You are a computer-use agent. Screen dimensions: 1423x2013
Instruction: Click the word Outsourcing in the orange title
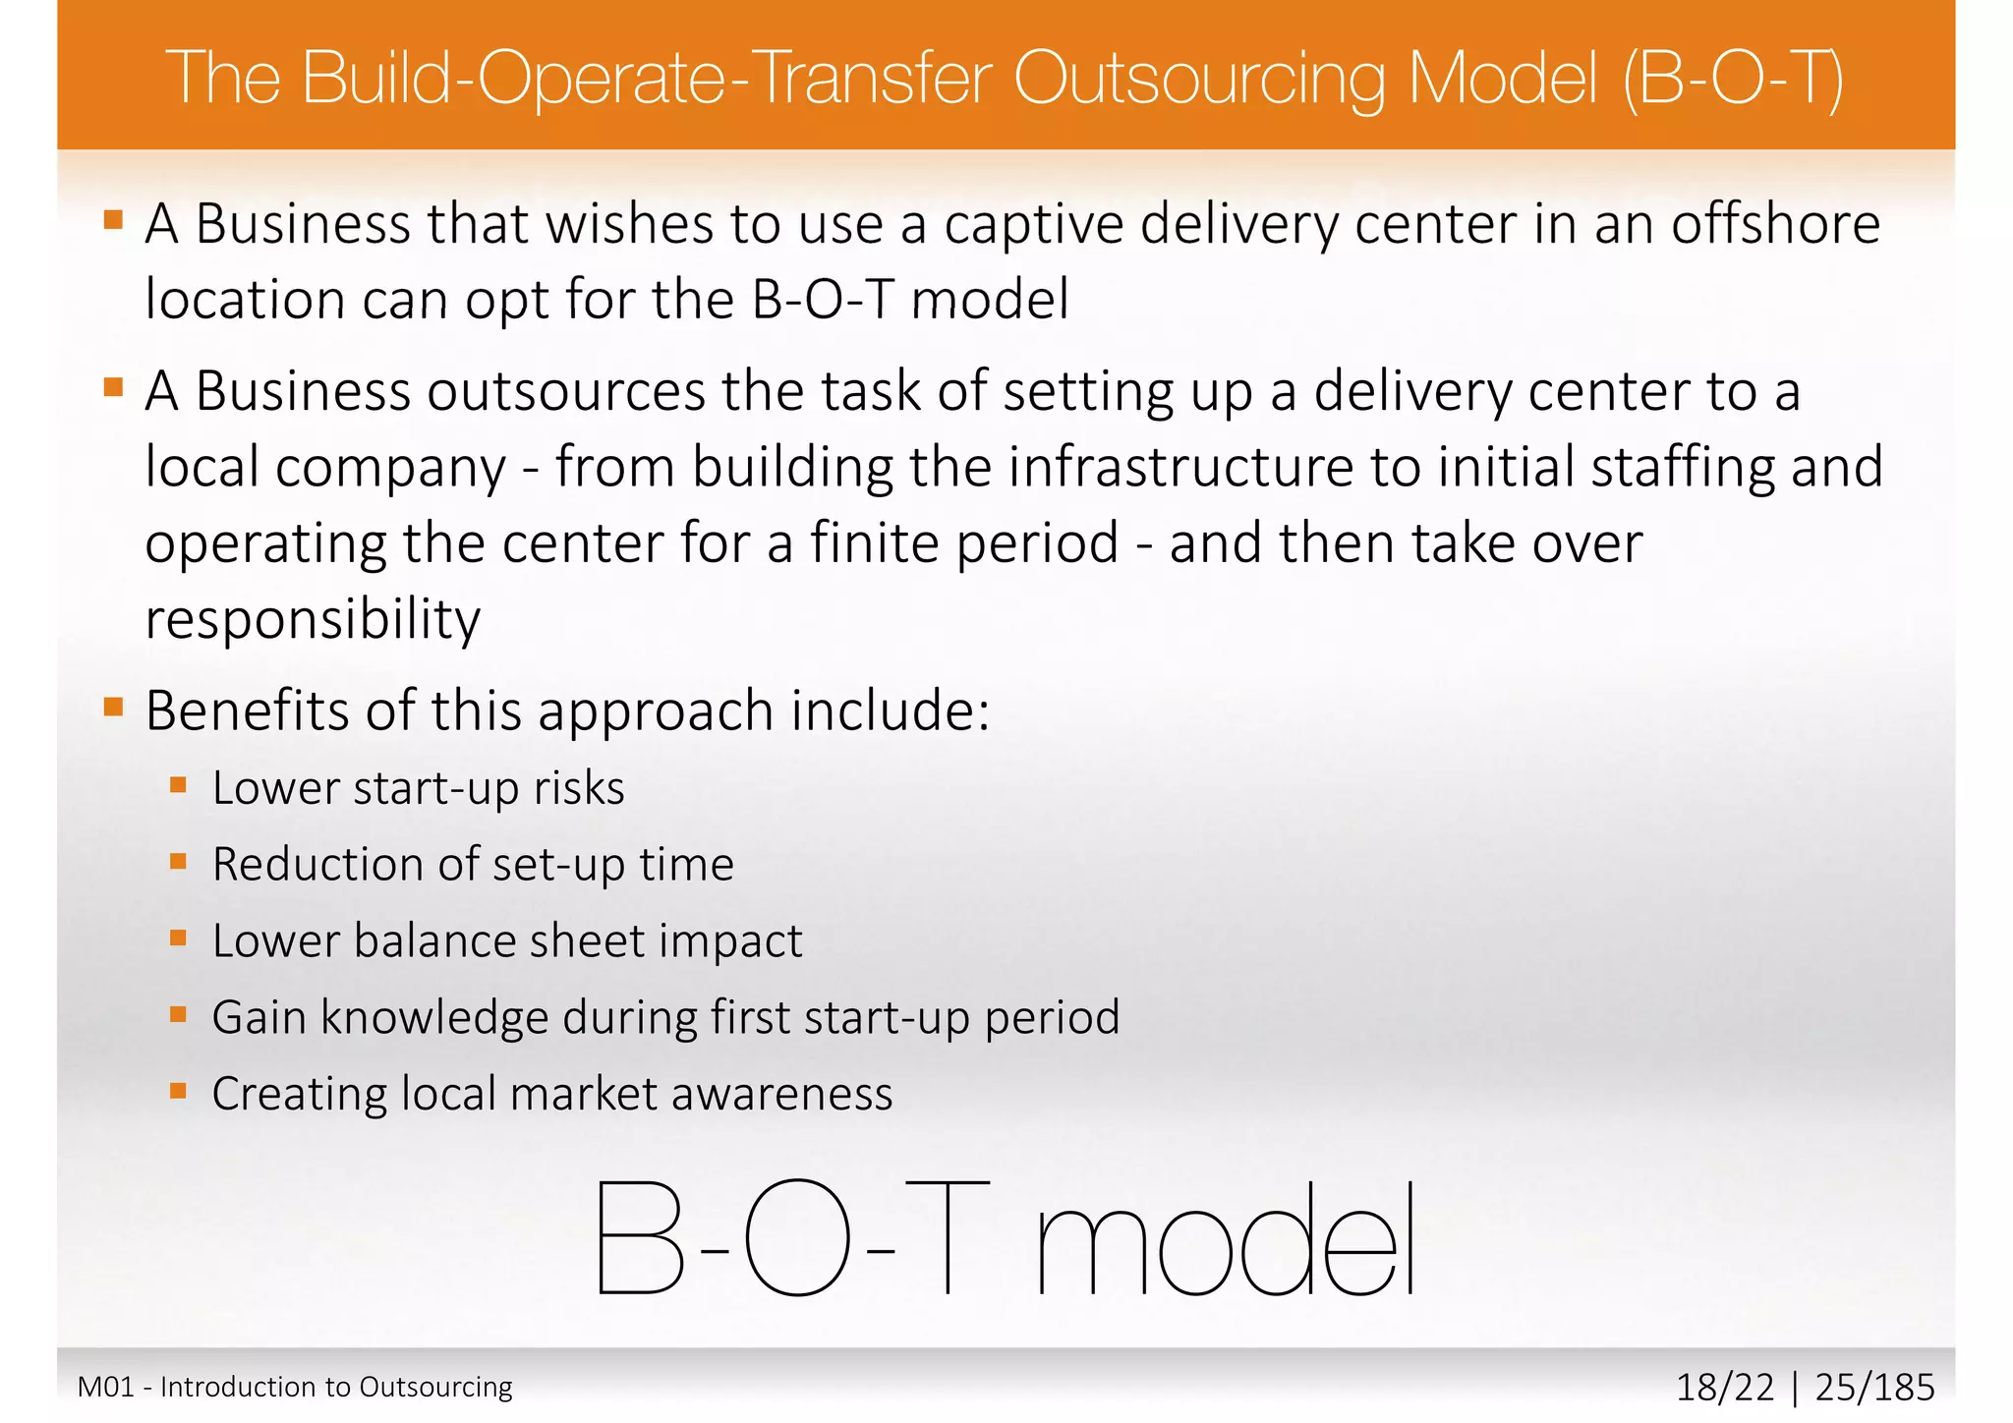click(1199, 79)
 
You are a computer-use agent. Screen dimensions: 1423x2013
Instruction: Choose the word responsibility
click(313, 619)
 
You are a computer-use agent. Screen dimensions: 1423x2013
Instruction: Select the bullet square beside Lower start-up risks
click(178, 784)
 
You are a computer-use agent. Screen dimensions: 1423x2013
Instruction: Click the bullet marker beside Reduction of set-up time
click(178, 861)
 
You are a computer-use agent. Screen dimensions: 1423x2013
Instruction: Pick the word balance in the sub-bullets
click(434, 940)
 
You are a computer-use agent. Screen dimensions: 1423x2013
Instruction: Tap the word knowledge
click(434, 1017)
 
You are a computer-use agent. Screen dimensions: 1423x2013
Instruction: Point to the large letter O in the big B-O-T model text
click(796, 1238)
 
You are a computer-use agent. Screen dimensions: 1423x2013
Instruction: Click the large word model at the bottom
click(1225, 1238)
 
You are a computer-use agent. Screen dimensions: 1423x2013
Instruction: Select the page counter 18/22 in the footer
click(1725, 1388)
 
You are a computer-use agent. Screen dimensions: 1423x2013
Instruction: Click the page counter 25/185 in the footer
click(1874, 1388)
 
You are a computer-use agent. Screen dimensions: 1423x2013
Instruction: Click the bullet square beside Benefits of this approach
click(113, 707)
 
